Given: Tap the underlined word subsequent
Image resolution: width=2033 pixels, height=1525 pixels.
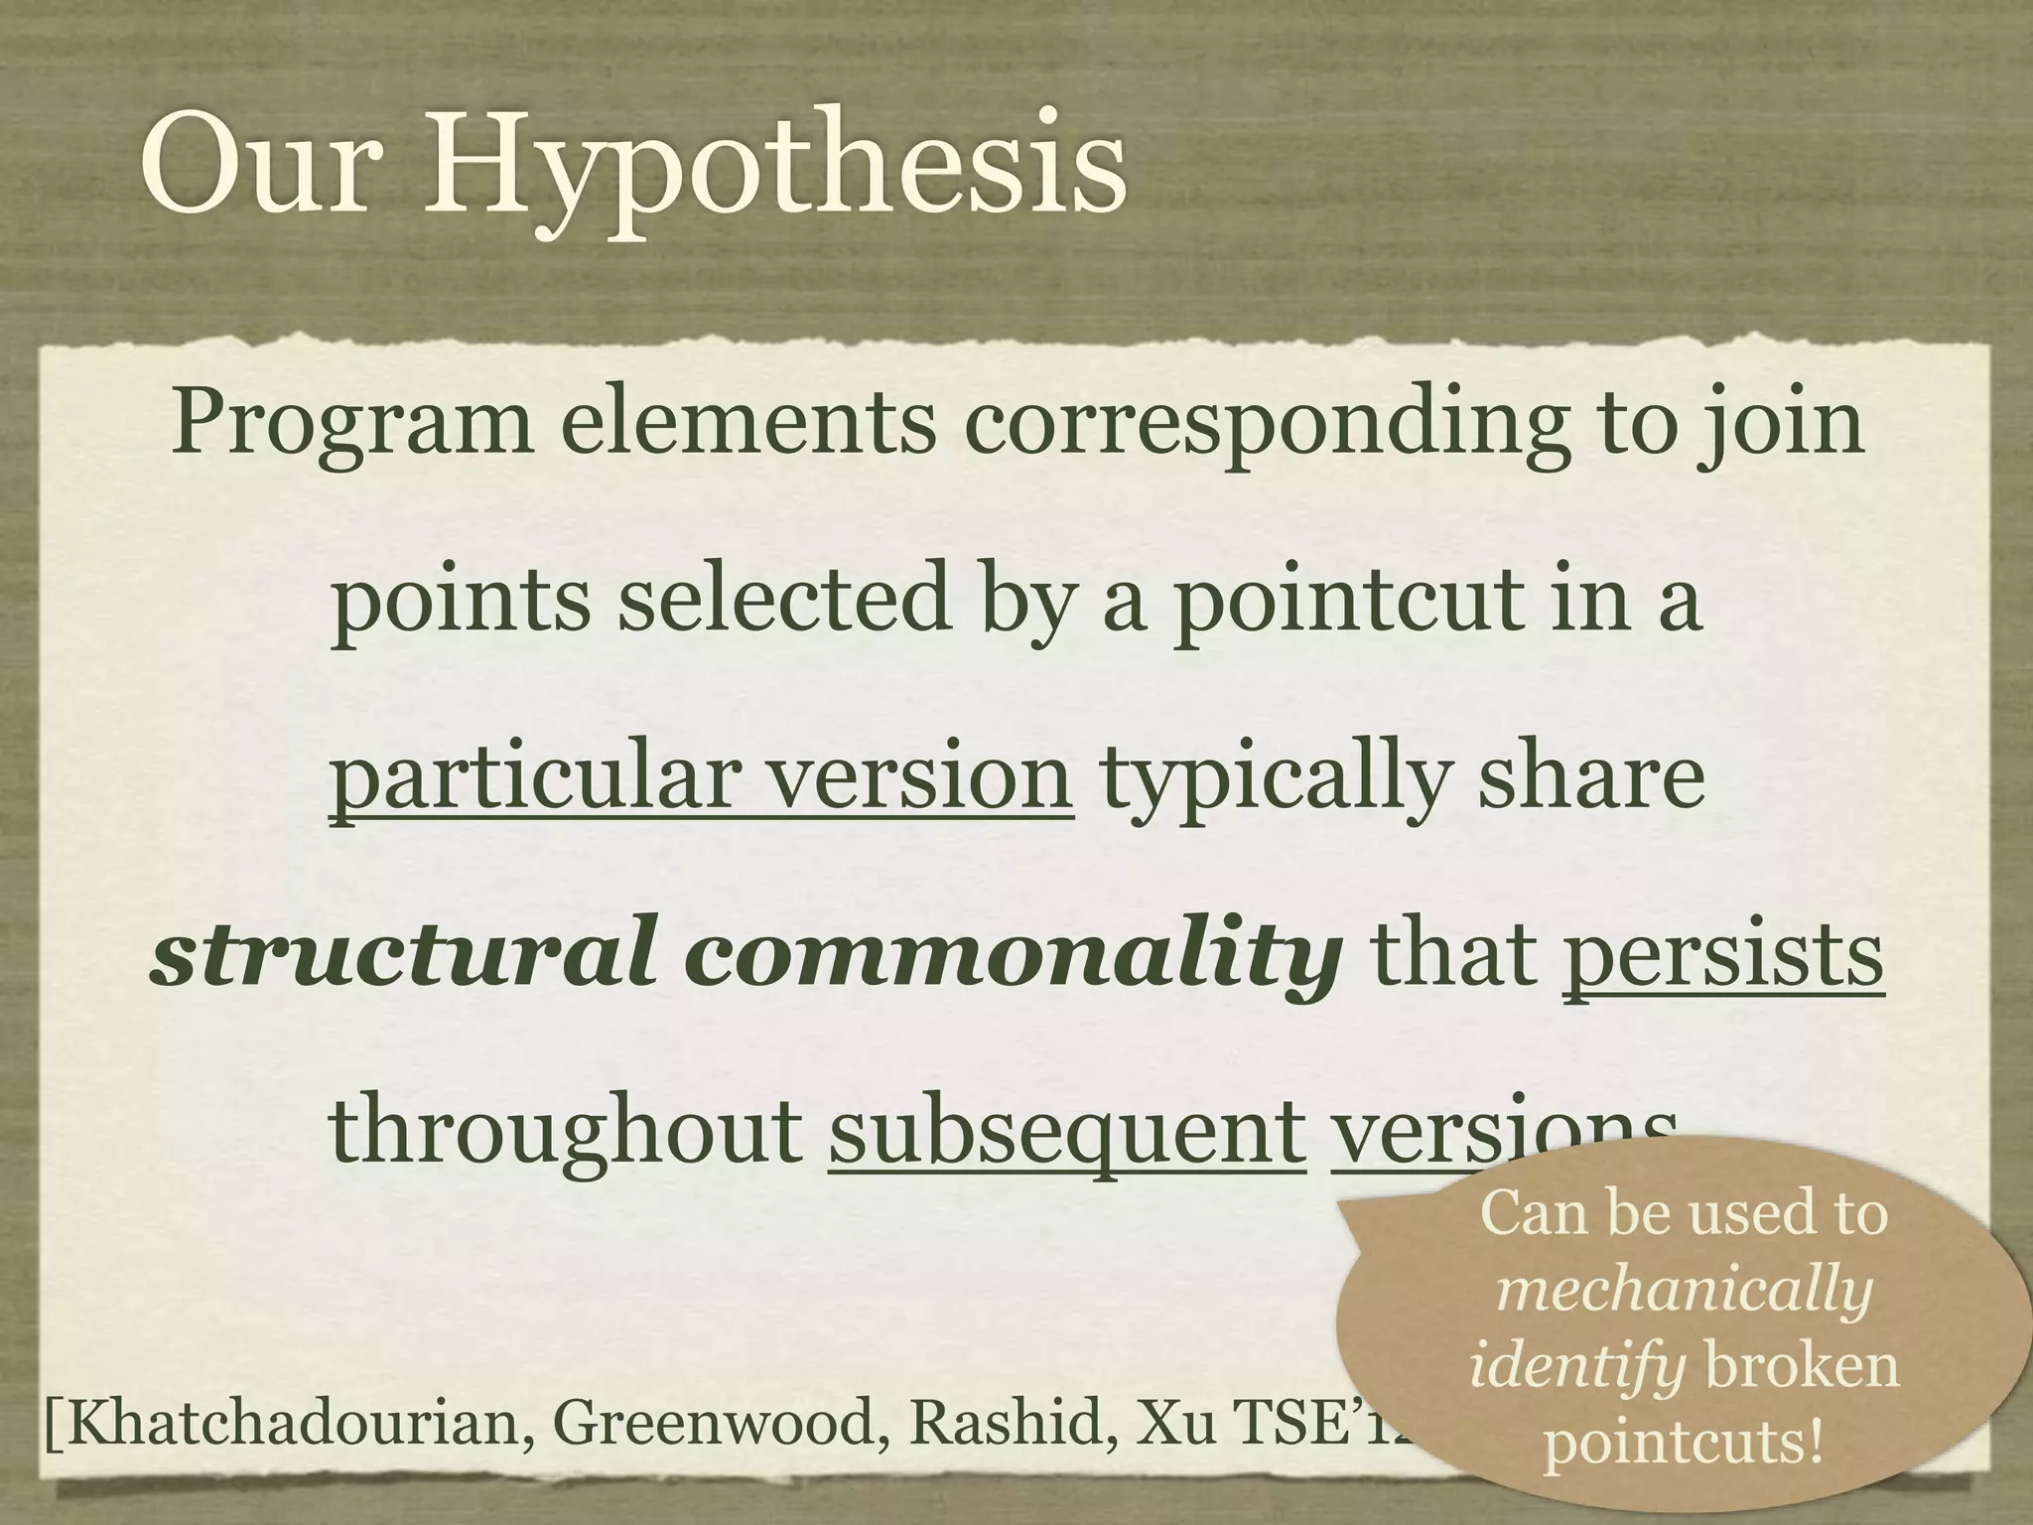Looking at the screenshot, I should point(1067,1134).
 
